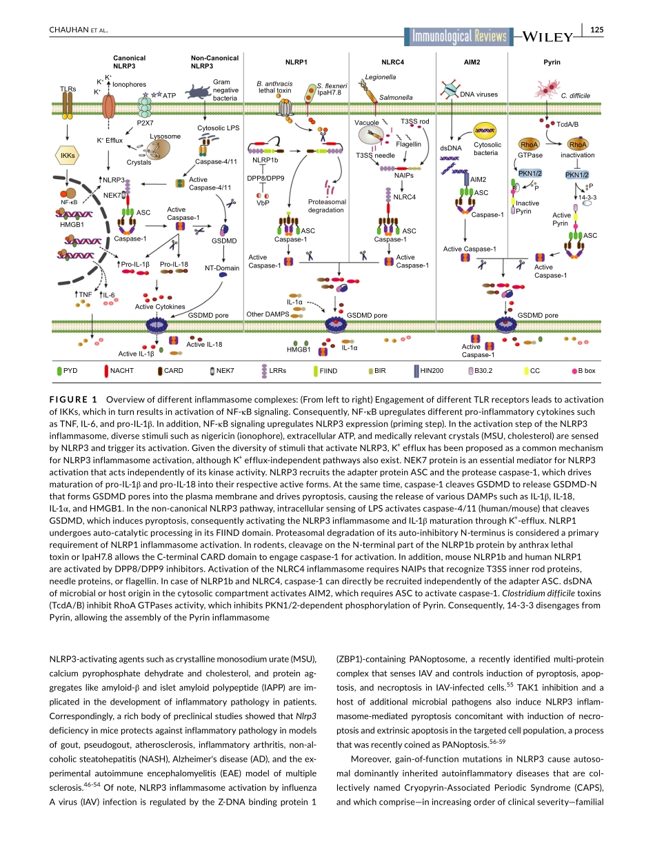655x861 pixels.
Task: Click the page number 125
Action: point(597,29)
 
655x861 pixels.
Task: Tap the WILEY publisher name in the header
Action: point(548,37)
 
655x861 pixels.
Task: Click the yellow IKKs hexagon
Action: point(68,156)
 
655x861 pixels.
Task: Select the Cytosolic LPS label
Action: point(218,128)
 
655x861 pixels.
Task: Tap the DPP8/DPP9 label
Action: point(265,179)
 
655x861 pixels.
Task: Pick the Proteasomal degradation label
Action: point(325,206)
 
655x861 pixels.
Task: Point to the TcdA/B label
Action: point(567,125)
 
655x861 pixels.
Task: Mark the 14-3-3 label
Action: point(588,197)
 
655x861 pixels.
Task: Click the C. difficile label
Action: point(575,95)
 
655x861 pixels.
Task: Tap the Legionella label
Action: point(381,77)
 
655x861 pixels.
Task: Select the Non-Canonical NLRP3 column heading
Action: point(214,62)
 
